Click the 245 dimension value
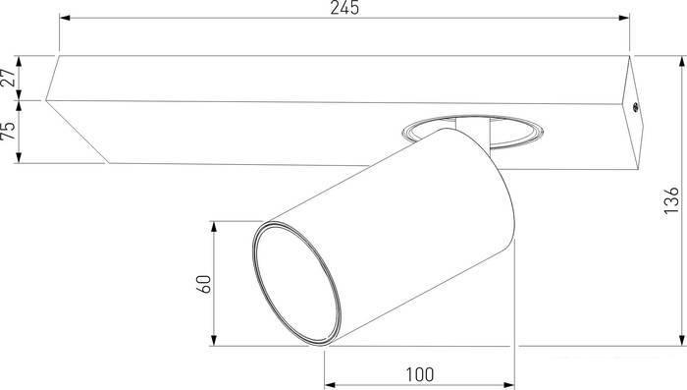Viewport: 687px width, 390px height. [344, 8]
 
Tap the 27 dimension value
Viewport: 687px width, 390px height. [9, 78]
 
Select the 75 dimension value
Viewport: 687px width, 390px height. [8, 131]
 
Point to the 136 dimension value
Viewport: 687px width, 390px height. [671, 201]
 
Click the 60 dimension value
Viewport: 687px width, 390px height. [204, 284]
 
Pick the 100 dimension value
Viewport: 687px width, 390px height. [420, 374]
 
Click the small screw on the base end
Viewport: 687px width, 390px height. [634, 107]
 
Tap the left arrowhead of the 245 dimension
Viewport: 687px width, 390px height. [65, 18]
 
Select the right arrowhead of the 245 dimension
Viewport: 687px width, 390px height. [624, 18]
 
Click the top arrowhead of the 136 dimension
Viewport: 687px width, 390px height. [682, 62]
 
